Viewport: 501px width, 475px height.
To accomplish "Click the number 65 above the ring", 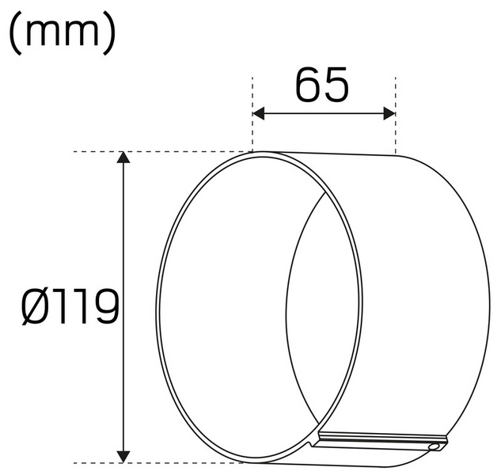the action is [322, 85].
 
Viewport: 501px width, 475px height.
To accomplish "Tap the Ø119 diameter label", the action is [70, 306].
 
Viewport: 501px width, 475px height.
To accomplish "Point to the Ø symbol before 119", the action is [36, 306].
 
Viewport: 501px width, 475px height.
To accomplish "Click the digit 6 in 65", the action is [308, 85].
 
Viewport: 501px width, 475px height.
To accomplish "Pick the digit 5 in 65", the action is [336, 85].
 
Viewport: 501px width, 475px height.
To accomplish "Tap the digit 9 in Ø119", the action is [106, 306].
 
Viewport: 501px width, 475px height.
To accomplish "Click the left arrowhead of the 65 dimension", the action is [259, 113].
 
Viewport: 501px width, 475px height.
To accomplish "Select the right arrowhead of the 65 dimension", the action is [389, 113].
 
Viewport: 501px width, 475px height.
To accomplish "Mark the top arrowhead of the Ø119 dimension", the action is [123, 158].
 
